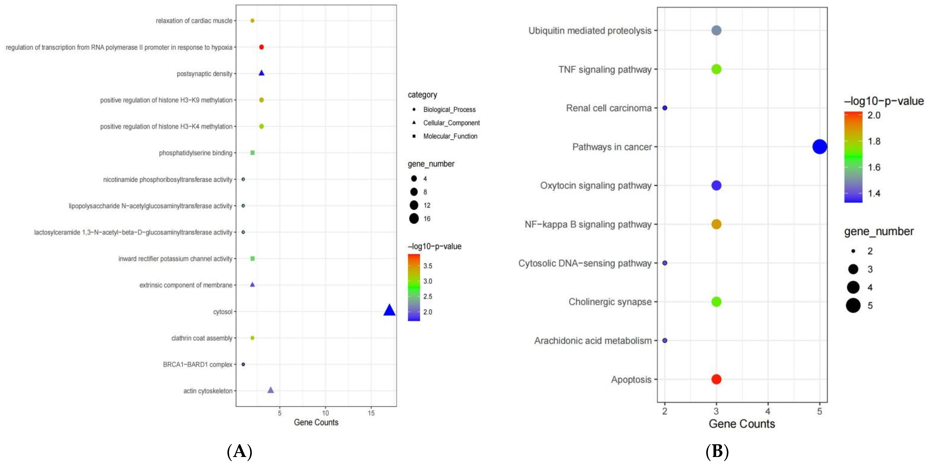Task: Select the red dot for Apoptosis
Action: (x=716, y=379)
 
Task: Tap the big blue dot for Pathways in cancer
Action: (x=820, y=147)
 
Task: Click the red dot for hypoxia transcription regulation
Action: (x=261, y=47)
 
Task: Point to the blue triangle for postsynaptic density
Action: (x=261, y=73)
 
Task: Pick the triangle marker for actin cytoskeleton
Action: (x=270, y=390)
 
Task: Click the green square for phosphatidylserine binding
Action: (x=252, y=153)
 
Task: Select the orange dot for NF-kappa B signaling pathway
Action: (x=716, y=224)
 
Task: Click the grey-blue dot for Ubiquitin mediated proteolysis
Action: (x=716, y=30)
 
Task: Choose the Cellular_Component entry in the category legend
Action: (x=451, y=123)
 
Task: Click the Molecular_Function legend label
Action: (x=450, y=136)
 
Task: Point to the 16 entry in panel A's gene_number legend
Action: (x=427, y=219)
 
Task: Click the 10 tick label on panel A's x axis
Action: (x=325, y=413)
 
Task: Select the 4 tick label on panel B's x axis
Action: (x=768, y=411)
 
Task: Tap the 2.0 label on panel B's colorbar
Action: (x=874, y=115)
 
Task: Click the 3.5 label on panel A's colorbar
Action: (x=428, y=266)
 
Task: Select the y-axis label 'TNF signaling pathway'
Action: (x=605, y=69)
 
